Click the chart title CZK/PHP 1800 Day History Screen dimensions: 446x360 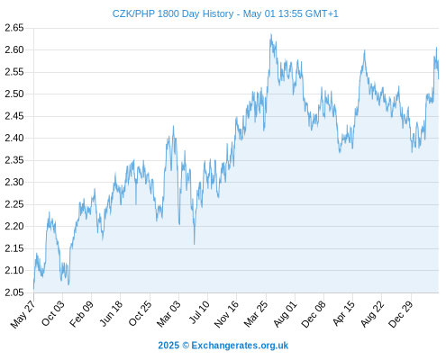click(x=173, y=13)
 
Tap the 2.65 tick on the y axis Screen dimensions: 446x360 click(x=14, y=28)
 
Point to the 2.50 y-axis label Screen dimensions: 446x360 click(x=14, y=94)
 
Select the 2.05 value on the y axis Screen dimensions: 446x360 click(x=14, y=292)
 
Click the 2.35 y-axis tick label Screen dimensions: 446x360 click(x=14, y=160)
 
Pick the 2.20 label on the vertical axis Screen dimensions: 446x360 click(x=14, y=226)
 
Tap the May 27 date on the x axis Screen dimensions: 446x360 click(x=23, y=313)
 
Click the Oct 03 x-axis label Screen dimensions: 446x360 click(x=53, y=313)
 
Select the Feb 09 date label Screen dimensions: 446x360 click(x=81, y=313)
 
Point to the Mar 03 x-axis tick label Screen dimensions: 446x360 click(x=168, y=313)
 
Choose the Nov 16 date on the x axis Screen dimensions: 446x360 click(x=226, y=313)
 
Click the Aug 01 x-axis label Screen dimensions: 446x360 click(x=286, y=313)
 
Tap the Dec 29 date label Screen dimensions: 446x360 click(x=401, y=313)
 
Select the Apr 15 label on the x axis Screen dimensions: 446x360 click(x=343, y=313)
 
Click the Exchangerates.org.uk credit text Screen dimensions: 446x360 click(x=240, y=346)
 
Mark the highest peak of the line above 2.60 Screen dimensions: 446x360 click(x=271, y=34)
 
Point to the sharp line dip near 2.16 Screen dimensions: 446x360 click(x=194, y=244)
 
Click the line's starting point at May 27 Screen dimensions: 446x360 click(x=33, y=289)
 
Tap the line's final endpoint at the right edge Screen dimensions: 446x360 click(x=439, y=78)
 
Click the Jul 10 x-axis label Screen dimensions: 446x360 click(x=199, y=312)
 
